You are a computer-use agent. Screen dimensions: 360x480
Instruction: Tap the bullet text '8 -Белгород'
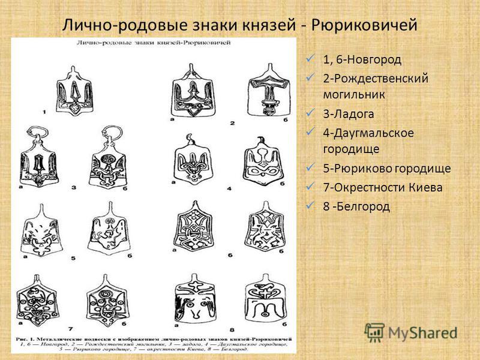tap(356, 206)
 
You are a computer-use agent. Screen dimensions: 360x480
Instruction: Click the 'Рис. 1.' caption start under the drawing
tap(26, 340)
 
